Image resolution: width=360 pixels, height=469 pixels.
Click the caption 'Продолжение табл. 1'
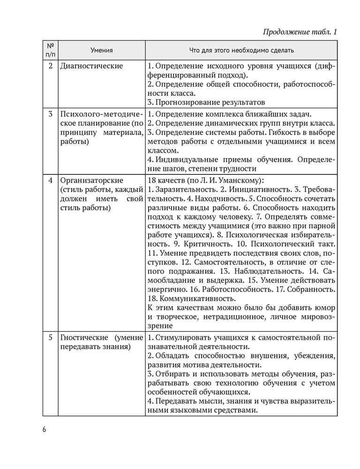tap(300, 32)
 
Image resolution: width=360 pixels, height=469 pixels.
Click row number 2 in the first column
tap(50, 66)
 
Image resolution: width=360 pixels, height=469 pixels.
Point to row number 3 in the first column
tap(50, 114)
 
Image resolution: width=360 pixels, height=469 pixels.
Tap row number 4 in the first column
tap(50, 181)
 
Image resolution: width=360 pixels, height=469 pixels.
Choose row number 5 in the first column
tap(50, 338)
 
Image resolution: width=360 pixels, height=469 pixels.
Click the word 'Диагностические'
tap(91, 66)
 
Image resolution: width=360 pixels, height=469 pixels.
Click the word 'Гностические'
tap(82, 338)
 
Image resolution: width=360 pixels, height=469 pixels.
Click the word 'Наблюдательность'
tap(267, 272)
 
